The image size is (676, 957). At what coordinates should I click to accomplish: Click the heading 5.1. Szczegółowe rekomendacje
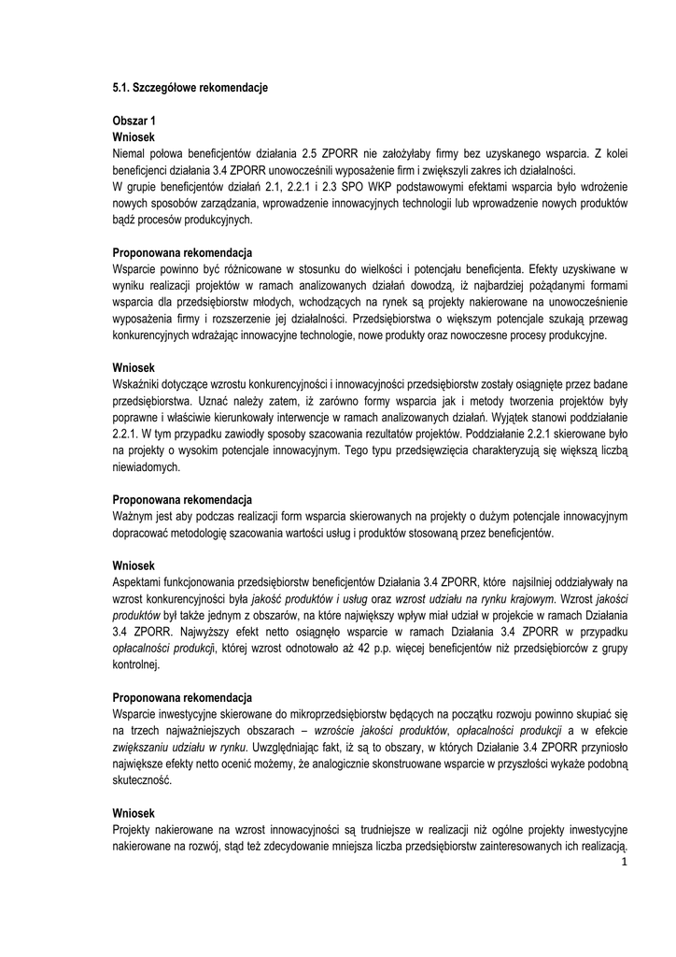pyautogui.click(x=190, y=88)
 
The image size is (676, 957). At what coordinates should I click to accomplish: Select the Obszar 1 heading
pyautogui.click(x=134, y=121)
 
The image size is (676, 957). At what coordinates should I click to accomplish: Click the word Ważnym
pyautogui.click(x=134, y=516)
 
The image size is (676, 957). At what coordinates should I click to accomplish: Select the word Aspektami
pyautogui.click(x=140, y=581)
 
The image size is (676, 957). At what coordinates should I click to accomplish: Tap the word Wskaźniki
pyautogui.click(x=138, y=384)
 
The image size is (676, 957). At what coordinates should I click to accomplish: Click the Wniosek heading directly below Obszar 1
pyautogui.click(x=134, y=136)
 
